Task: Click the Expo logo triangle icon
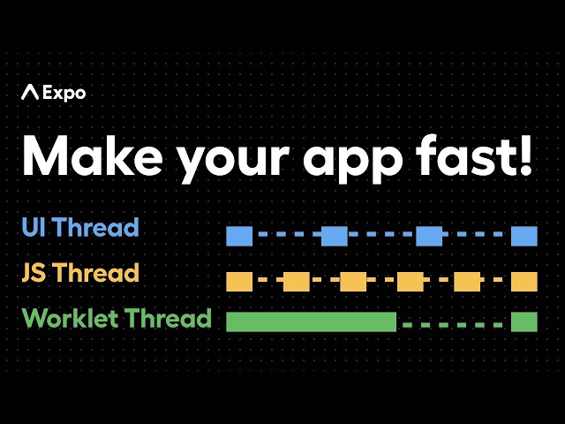(x=30, y=92)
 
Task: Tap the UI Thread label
(x=80, y=228)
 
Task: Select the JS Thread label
(x=80, y=273)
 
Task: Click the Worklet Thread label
(x=117, y=318)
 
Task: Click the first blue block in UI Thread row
(x=239, y=236)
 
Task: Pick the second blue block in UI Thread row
(x=334, y=236)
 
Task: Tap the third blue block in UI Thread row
(x=429, y=236)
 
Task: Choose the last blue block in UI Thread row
(x=524, y=236)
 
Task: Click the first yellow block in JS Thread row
(x=239, y=282)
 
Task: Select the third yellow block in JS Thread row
(x=353, y=282)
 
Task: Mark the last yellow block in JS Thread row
(x=524, y=282)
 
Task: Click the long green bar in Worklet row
(x=311, y=322)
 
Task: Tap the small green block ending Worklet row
(x=524, y=322)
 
